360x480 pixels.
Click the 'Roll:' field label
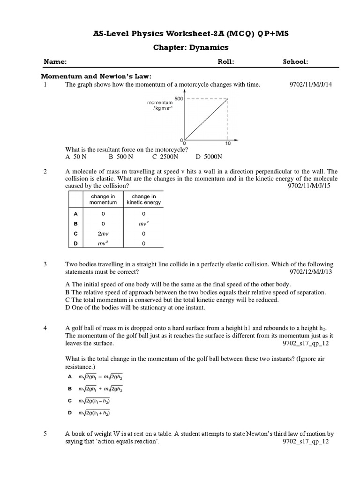click(226, 62)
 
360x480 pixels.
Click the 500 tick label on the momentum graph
click(179, 98)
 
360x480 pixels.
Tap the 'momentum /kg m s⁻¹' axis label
click(160, 105)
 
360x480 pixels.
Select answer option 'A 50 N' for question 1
click(76, 157)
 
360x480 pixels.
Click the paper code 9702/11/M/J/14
click(311, 84)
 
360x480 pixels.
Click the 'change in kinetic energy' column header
click(143, 200)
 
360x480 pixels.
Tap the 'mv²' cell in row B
click(143, 224)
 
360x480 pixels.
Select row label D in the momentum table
click(75, 243)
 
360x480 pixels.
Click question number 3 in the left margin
click(45, 264)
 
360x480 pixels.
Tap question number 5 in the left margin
click(45, 434)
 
